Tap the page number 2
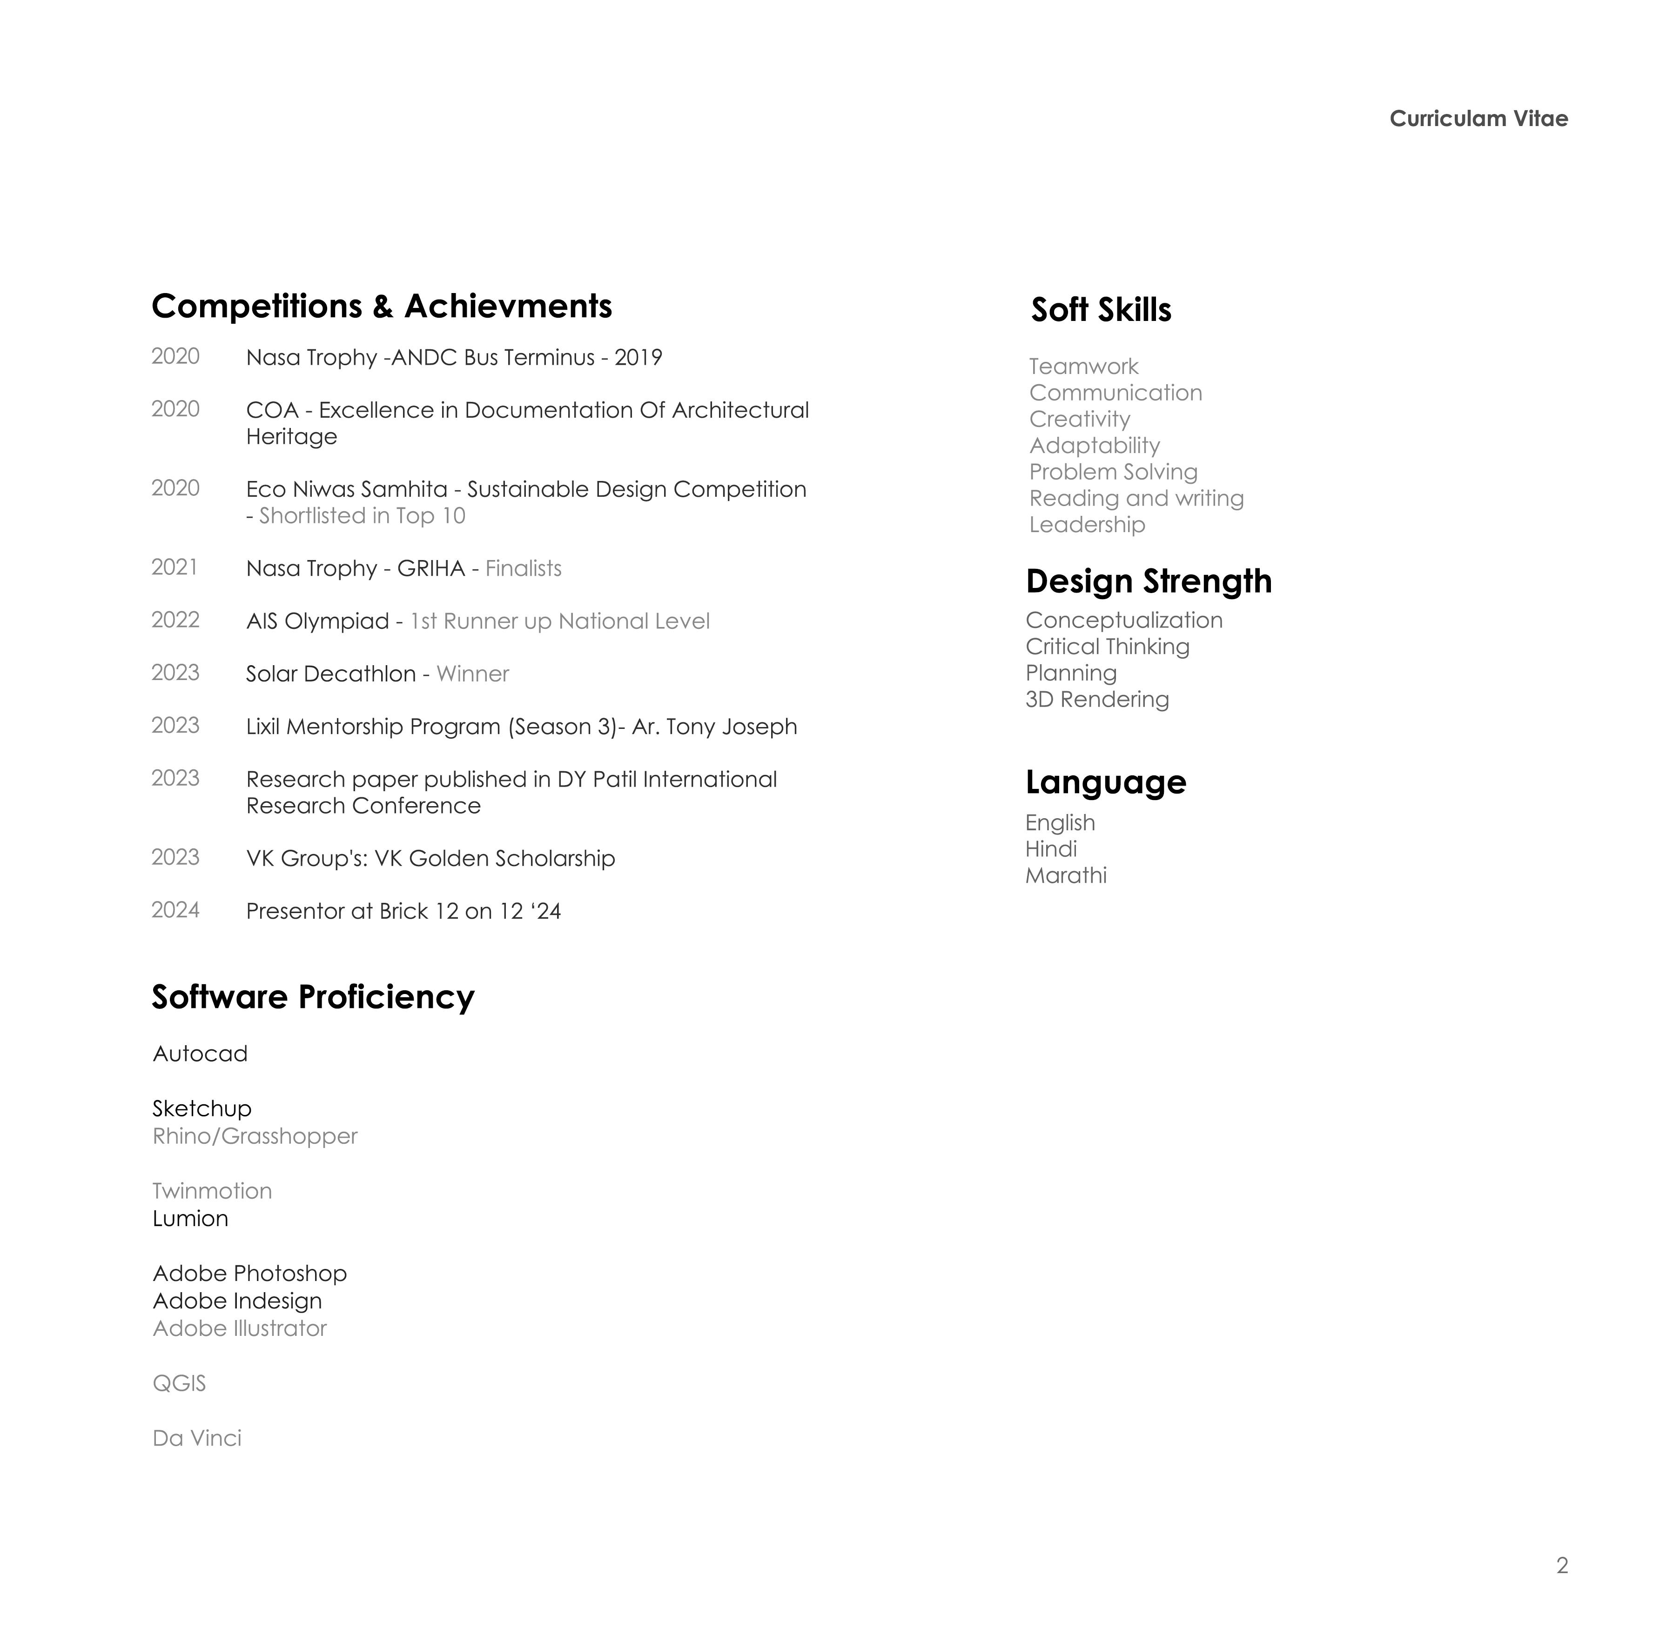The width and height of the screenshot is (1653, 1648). (x=1561, y=1565)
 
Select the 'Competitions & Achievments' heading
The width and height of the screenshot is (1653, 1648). (x=382, y=306)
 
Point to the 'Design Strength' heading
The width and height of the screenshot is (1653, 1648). (x=1148, y=581)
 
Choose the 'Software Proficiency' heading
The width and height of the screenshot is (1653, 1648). (x=313, y=997)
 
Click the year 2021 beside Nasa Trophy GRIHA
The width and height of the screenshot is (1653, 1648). (x=175, y=568)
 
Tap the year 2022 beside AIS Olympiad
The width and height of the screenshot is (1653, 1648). (x=175, y=620)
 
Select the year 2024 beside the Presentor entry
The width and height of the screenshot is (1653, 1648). (x=175, y=910)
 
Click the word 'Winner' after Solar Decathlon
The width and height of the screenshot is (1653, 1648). (x=472, y=674)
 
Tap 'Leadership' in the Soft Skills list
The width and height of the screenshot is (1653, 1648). (x=1087, y=525)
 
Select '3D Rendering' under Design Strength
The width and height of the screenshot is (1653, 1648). (x=1097, y=700)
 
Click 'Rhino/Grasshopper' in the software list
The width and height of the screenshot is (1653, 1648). (x=255, y=1137)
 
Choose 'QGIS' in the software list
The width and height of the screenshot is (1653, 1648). (x=179, y=1384)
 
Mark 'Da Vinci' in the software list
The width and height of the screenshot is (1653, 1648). (x=197, y=1439)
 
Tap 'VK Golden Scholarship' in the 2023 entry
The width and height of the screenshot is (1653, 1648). (x=495, y=859)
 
